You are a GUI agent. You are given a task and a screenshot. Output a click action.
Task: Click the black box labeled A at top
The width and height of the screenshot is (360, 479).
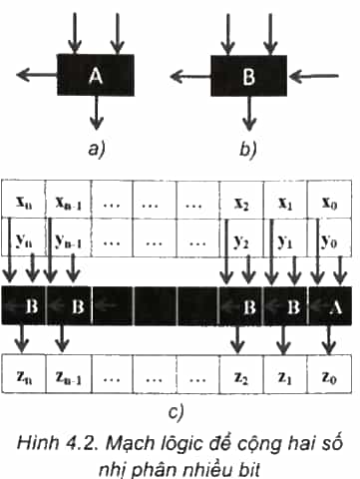click(x=96, y=75)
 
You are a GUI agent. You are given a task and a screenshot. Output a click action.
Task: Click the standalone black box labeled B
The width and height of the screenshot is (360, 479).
click(x=248, y=76)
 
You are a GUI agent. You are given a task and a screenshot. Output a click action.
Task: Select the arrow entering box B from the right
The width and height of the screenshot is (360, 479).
click(x=314, y=77)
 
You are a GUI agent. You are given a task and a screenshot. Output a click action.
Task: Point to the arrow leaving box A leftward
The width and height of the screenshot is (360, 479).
click(x=37, y=75)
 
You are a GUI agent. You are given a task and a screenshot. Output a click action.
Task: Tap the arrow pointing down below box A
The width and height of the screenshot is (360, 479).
click(x=97, y=113)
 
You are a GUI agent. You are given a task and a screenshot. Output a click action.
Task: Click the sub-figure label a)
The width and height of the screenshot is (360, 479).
click(x=97, y=150)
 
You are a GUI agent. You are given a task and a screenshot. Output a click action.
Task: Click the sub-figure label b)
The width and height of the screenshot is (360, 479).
click(x=248, y=150)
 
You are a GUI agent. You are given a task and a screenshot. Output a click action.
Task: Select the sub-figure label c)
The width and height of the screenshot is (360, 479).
click(x=176, y=412)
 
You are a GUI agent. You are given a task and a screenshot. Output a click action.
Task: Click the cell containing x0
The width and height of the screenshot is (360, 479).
click(x=329, y=200)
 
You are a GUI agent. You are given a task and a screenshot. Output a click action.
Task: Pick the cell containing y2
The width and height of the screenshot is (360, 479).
click(x=241, y=238)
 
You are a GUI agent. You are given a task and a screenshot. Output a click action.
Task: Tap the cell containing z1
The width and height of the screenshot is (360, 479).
click(x=285, y=374)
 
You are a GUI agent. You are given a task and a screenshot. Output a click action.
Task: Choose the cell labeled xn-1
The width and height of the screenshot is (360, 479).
click(x=69, y=200)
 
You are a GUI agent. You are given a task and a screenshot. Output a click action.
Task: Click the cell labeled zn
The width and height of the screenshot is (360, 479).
click(x=24, y=374)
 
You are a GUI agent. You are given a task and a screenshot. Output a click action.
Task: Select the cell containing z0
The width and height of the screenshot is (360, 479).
click(x=329, y=374)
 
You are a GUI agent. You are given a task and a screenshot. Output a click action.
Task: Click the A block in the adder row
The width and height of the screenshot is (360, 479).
click(x=330, y=305)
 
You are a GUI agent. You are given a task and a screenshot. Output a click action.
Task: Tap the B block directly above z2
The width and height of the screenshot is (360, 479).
click(x=241, y=305)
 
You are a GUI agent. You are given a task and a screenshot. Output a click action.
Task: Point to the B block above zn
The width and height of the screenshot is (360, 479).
click(x=23, y=305)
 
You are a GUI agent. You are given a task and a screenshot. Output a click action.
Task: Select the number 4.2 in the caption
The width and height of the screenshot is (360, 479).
click(x=83, y=444)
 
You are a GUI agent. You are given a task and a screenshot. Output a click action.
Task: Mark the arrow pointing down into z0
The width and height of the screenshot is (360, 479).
click(x=329, y=339)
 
